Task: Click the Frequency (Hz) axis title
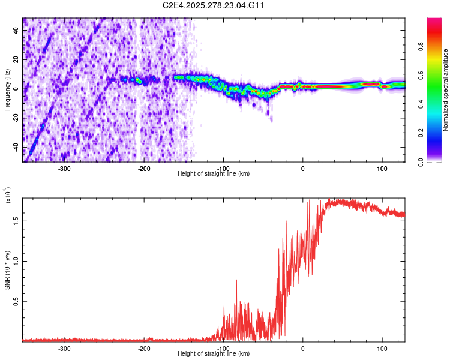[8, 89]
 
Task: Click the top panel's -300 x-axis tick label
[64, 168]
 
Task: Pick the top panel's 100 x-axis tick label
[382, 168]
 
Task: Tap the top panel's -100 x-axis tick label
[223, 168]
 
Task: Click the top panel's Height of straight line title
[214, 174]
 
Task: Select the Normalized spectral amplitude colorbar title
[446, 90]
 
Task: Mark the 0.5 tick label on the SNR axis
[16, 301]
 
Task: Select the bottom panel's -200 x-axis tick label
[144, 349]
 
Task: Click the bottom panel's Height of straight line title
[214, 354]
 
